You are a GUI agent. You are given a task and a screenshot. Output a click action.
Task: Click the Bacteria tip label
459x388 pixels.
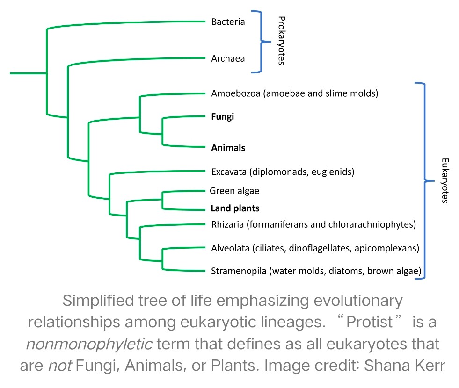(x=228, y=22)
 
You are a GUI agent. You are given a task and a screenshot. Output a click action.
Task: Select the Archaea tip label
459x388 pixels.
(x=228, y=59)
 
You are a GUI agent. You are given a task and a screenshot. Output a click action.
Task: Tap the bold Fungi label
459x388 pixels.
(x=222, y=117)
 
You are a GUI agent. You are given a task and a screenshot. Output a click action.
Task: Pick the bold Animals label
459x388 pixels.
(x=228, y=148)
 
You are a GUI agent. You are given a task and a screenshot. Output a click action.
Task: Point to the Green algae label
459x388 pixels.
(x=234, y=191)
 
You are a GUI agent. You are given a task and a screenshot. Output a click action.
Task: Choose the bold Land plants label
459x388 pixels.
(x=235, y=208)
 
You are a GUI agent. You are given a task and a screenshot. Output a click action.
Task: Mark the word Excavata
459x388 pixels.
(x=228, y=172)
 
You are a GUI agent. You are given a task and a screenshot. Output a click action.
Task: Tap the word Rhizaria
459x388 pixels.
(x=227, y=225)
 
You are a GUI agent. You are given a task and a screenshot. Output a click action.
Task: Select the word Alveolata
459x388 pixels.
(x=230, y=248)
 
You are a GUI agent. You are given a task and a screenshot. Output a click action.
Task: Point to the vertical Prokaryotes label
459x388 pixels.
(x=281, y=41)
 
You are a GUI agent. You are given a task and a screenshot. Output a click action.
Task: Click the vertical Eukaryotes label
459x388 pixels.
(x=444, y=180)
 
